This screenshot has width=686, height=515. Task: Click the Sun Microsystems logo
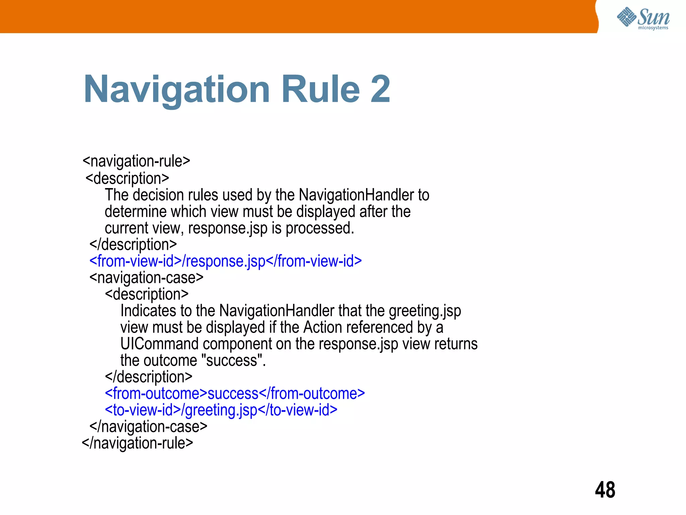[x=643, y=18]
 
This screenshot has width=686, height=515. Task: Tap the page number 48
[x=605, y=490]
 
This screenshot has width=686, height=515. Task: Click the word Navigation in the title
[x=177, y=90]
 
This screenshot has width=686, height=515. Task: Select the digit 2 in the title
[x=380, y=89]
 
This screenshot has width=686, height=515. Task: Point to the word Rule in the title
[x=321, y=89]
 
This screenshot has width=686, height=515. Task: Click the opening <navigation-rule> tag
[x=136, y=161]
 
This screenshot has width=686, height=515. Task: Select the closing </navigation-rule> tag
[x=137, y=443]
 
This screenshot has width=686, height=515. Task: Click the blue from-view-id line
[x=225, y=261]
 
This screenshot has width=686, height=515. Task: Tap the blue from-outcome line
[x=235, y=394]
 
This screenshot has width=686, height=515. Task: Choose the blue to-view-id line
[x=221, y=410]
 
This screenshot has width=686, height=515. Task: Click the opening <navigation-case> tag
[x=146, y=278]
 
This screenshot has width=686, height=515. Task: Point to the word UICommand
[x=160, y=344]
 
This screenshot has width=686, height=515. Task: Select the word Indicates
[x=148, y=311]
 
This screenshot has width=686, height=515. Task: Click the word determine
[x=135, y=212]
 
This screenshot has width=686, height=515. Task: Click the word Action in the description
[x=323, y=328]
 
